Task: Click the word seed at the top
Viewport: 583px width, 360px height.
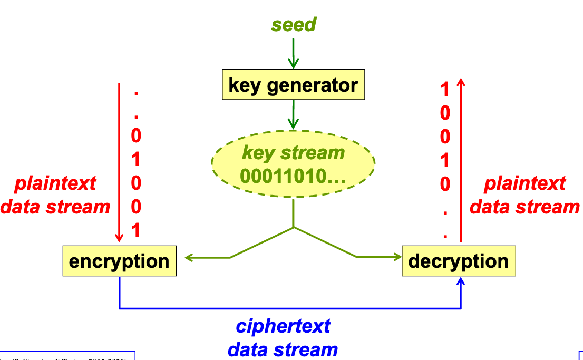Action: point(294,25)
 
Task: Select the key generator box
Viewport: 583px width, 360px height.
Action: point(293,85)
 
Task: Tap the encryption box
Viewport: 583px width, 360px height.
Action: point(119,261)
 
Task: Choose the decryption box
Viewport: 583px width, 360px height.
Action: point(459,261)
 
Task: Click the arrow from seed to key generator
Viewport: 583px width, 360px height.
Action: point(294,53)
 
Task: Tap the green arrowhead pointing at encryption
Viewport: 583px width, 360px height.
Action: point(189,258)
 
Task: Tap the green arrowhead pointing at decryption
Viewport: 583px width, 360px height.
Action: point(397,257)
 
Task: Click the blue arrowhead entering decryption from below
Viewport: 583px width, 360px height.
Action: point(461,282)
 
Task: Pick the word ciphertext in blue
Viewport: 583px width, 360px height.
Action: point(283,326)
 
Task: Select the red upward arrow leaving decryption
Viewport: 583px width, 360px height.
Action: point(461,158)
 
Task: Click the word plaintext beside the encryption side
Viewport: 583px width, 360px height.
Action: point(55,183)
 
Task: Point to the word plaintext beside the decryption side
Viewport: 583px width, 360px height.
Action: point(524,183)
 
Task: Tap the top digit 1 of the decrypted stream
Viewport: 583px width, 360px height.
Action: point(445,90)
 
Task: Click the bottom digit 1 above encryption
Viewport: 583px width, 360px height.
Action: point(136,231)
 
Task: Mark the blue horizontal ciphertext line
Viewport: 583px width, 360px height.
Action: point(290,308)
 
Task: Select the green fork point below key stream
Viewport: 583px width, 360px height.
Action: point(293,227)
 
